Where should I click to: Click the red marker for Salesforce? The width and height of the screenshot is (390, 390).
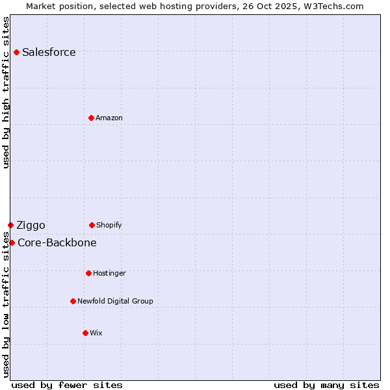[16, 52]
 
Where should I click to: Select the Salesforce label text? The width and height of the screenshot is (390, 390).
[49, 53]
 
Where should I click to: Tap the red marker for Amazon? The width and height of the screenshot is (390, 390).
[91, 118]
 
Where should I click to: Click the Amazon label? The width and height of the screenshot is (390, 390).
[109, 118]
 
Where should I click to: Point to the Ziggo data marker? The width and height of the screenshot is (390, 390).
[10, 225]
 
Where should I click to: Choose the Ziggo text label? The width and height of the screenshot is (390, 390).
[31, 226]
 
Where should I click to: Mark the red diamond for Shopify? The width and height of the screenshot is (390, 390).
[92, 225]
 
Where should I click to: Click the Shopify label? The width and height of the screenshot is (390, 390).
[109, 226]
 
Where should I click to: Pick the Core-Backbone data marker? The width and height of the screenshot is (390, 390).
[12, 242]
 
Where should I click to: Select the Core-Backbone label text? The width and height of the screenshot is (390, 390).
[57, 243]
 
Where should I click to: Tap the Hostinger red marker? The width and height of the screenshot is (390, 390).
[88, 273]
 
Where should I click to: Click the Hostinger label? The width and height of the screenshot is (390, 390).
[109, 274]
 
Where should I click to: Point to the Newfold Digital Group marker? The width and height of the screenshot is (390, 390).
[73, 301]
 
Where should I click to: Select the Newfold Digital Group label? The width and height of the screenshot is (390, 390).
[115, 302]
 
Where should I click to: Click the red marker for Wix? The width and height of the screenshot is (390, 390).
[85, 333]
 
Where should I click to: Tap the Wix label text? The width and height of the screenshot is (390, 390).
[96, 333]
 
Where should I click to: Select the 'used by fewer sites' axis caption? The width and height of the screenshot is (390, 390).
[67, 385]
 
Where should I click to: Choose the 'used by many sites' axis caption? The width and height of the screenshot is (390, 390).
[326, 385]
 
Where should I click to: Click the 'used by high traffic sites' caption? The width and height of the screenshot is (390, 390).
[6, 92]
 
